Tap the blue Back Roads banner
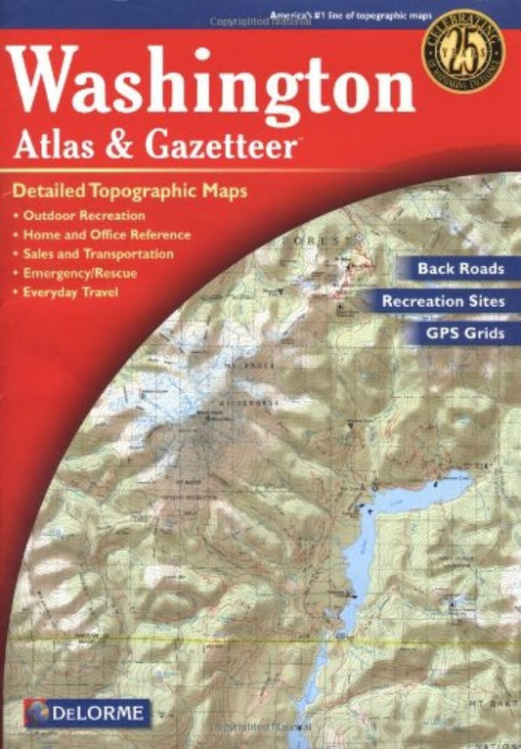pos(459,268)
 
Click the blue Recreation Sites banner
pos(442,301)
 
